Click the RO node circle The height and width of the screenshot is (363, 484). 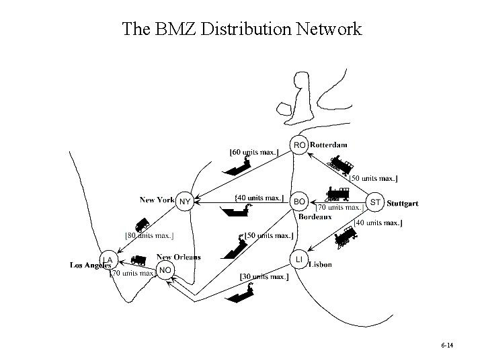click(300, 145)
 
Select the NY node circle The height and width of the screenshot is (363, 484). click(184, 201)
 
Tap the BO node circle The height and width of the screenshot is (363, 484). click(300, 201)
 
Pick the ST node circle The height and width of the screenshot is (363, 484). click(376, 202)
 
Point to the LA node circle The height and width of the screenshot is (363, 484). click(108, 259)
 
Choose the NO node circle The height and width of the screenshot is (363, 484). click(164, 270)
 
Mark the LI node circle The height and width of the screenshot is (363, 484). click(299, 259)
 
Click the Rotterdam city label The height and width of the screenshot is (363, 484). click(329, 145)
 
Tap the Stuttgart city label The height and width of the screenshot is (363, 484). click(403, 203)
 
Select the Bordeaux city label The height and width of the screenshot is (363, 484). click(315, 216)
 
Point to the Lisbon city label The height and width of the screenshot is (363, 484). click(320, 265)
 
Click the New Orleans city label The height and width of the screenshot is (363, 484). click(178, 257)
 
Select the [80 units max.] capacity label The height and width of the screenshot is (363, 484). click(150, 235)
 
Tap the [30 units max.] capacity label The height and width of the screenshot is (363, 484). click(264, 276)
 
